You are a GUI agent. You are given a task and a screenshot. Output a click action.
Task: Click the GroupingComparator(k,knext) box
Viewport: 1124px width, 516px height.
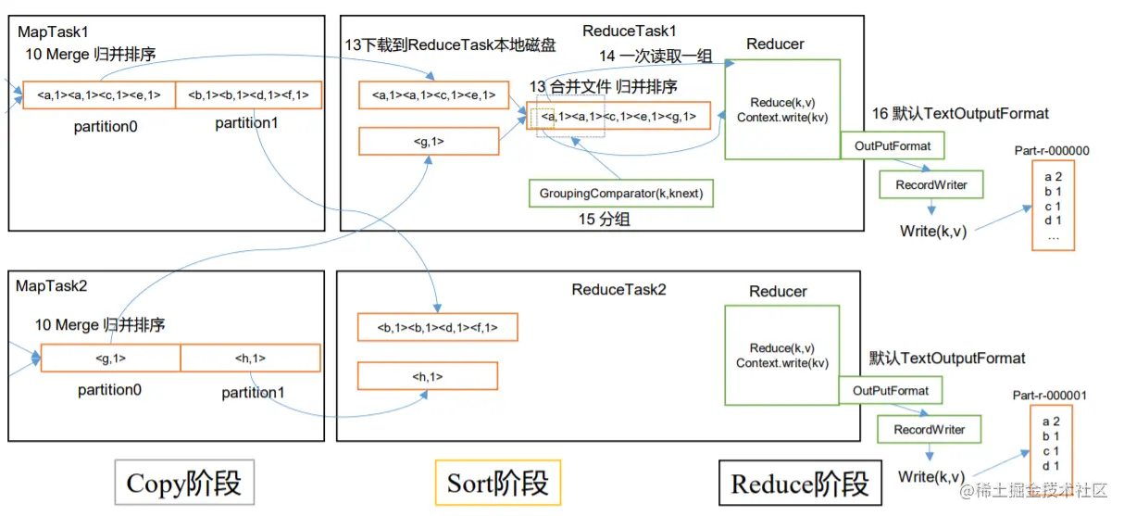tap(620, 194)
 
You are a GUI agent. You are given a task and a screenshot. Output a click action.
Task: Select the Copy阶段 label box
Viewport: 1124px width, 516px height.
tap(184, 483)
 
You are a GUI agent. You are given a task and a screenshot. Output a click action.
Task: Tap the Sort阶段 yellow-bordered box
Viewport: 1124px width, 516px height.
tap(498, 483)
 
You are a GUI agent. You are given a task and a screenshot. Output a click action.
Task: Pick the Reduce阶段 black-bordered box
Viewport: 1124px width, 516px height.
tap(800, 483)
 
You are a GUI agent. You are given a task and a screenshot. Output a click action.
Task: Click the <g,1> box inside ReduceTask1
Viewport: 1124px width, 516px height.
tap(429, 141)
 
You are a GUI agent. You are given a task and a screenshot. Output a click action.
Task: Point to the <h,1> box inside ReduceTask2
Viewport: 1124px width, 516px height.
tap(428, 376)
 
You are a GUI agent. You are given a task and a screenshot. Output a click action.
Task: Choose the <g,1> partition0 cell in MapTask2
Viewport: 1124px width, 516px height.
tap(110, 358)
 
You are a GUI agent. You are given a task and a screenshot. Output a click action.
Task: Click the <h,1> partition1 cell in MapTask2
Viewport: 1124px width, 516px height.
tap(250, 358)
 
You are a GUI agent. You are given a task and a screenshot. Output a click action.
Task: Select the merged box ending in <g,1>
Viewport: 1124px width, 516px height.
tap(618, 116)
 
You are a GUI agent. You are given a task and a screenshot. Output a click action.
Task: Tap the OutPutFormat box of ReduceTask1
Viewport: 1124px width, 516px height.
tap(893, 145)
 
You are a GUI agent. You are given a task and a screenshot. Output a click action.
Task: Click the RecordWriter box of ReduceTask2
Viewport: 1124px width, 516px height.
tap(929, 429)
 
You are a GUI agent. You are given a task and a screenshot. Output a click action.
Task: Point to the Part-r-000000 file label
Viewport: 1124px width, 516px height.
tap(1052, 151)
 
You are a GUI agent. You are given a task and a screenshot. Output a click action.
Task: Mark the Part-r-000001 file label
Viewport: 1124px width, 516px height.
tap(1050, 396)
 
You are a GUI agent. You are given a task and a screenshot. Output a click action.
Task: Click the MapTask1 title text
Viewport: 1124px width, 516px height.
tap(53, 32)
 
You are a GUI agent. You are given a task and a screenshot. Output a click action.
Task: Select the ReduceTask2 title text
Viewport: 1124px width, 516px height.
tap(618, 290)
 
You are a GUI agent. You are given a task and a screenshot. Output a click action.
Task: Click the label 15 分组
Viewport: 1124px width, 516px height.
tap(605, 220)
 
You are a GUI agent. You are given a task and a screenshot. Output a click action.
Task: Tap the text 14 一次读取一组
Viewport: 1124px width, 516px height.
tap(656, 56)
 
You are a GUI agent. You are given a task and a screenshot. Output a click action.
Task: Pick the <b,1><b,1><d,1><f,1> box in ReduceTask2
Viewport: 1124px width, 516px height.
tap(438, 327)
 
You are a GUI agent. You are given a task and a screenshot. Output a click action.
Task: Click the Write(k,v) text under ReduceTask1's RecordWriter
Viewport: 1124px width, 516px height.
tap(933, 231)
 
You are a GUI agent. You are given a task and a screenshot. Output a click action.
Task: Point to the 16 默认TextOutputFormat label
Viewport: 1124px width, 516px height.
tap(960, 113)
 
